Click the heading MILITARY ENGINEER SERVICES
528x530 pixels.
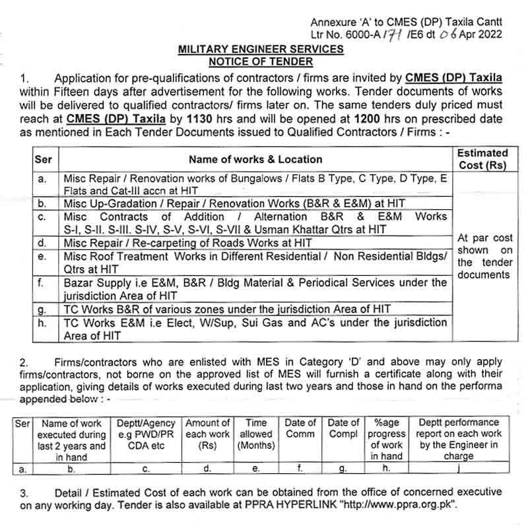pyautogui.click(x=261, y=49)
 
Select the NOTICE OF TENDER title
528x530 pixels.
pyautogui.click(x=261, y=61)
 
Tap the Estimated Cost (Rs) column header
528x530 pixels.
pyautogui.click(x=482, y=159)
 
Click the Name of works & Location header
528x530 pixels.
pyautogui.click(x=255, y=159)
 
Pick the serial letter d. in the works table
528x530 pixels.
pyautogui.click(x=42, y=244)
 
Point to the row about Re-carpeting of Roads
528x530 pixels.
pyautogui.click(x=188, y=244)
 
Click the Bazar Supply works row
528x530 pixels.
pyautogui.click(x=255, y=289)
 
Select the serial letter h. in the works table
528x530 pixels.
pyautogui.click(x=42, y=323)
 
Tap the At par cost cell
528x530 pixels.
pyautogui.click(x=485, y=256)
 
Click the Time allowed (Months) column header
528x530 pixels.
pyautogui.click(x=256, y=434)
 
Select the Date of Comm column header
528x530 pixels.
pyautogui.click(x=300, y=428)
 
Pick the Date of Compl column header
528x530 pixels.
pyautogui.click(x=343, y=428)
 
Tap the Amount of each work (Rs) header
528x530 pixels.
pyautogui.click(x=208, y=434)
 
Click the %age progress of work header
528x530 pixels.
pyautogui.click(x=387, y=440)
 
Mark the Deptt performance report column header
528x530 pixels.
pyautogui.click(x=459, y=440)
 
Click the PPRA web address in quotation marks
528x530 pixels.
pyautogui.click(x=399, y=504)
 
